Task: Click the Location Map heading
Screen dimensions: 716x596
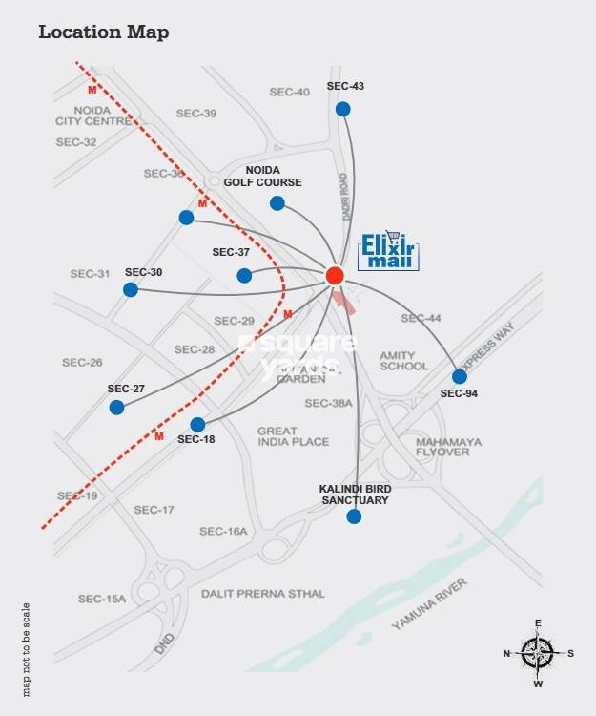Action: tap(103, 32)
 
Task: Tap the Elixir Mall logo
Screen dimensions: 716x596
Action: tap(389, 251)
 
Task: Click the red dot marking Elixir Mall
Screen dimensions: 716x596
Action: tap(335, 275)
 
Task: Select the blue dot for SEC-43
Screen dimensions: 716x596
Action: tap(343, 109)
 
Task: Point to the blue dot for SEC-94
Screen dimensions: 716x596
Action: tap(460, 376)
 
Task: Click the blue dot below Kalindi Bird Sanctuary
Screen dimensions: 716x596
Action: tap(355, 516)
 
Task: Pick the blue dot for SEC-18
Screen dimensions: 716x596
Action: tap(197, 424)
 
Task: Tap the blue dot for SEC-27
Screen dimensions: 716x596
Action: tap(116, 408)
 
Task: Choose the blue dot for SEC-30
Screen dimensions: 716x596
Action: tap(131, 290)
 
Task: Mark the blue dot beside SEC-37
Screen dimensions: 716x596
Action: tap(244, 276)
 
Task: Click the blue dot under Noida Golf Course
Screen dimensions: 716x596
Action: tap(277, 203)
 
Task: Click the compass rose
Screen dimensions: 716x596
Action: tap(538, 654)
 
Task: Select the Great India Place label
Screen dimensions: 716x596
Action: tap(294, 436)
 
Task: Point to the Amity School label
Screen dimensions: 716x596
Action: tap(403, 360)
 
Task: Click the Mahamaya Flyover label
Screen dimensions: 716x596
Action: tap(442, 447)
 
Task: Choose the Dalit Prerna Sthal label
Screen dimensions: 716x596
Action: tap(262, 593)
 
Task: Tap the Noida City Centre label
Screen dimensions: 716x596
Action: tap(93, 116)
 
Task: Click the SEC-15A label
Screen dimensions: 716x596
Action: tap(102, 599)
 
